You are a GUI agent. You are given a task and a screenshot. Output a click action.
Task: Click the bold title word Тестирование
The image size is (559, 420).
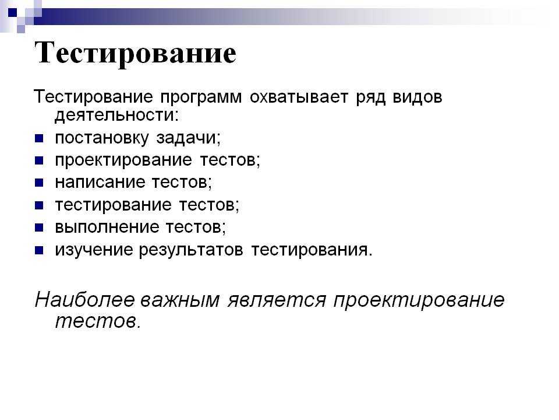click(136, 53)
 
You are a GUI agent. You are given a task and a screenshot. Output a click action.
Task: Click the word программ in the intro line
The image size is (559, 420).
click(201, 97)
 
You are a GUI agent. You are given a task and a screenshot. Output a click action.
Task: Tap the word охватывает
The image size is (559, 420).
click(299, 97)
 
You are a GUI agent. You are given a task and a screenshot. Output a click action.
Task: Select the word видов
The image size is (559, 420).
click(418, 97)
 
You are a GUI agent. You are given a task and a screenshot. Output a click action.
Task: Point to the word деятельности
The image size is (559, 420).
click(116, 116)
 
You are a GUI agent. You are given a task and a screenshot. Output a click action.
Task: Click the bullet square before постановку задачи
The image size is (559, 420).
click(39, 138)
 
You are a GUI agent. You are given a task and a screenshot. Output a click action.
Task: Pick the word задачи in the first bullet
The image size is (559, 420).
click(188, 138)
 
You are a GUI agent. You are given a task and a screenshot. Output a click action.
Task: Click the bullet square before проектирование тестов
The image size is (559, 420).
click(39, 160)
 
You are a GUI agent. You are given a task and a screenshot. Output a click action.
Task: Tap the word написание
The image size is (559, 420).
click(100, 183)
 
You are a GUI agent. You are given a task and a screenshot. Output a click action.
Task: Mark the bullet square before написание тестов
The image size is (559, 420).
click(39, 183)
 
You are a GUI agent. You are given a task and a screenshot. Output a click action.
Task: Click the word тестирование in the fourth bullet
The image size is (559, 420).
click(114, 205)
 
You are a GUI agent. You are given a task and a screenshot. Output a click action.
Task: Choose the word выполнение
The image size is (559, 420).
click(107, 227)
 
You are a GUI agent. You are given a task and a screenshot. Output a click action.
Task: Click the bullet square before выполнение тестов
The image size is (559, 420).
click(39, 228)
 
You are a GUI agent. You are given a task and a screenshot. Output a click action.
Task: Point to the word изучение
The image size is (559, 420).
click(94, 250)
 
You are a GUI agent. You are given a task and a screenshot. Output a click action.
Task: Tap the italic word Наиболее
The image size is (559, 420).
click(85, 299)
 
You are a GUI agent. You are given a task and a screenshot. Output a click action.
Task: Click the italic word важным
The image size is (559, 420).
click(180, 300)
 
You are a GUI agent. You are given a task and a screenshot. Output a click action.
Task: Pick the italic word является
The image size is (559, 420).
click(277, 300)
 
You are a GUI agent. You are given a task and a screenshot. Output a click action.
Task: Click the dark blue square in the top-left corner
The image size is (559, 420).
click(12, 13)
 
